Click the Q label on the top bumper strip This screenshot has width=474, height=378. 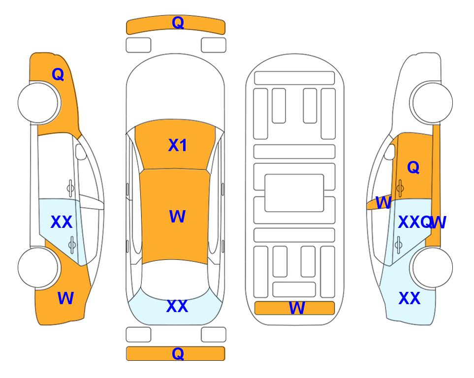click(x=178, y=23)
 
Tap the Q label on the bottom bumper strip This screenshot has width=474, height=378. click(x=178, y=353)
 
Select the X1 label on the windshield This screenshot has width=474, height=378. click(x=178, y=145)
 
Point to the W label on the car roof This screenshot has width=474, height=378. click(x=177, y=217)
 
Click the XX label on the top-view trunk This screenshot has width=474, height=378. click(x=177, y=307)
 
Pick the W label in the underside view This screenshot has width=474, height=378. click(x=297, y=309)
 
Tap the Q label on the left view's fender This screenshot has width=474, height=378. click(x=58, y=74)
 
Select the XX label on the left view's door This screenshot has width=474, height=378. click(x=62, y=222)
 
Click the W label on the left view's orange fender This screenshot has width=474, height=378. click(x=65, y=298)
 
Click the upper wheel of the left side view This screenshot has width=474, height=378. click(x=38, y=102)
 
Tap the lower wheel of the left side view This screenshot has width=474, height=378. click(x=38, y=267)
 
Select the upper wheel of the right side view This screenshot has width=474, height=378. click(x=432, y=102)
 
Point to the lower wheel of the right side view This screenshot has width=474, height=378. click(x=432, y=267)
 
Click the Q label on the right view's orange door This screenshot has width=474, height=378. click(x=413, y=168)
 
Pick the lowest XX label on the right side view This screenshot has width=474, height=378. click(x=409, y=298)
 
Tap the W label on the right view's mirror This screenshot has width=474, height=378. click(x=383, y=202)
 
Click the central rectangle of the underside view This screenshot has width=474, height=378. click(x=294, y=192)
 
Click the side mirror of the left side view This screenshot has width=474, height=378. click(x=81, y=153)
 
